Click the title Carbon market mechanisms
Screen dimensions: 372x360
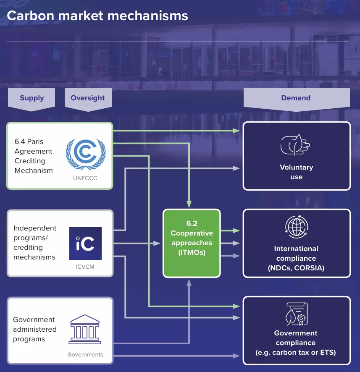click(x=97, y=16)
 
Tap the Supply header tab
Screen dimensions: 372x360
click(x=32, y=98)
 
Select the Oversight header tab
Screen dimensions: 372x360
click(x=88, y=98)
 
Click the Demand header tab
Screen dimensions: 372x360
click(x=296, y=98)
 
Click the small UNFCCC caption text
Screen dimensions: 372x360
click(x=85, y=178)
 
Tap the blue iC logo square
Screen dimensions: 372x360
click(x=85, y=244)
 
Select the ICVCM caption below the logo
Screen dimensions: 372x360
click(x=85, y=266)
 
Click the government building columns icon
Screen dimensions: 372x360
click(x=85, y=327)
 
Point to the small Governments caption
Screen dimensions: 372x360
click(x=85, y=354)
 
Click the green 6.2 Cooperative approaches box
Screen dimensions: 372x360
click(x=192, y=243)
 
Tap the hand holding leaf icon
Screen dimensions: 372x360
click(x=295, y=145)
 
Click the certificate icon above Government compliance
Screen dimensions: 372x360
click(x=296, y=314)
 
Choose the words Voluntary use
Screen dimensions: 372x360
click(x=296, y=172)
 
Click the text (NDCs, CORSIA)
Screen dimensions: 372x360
click(x=296, y=268)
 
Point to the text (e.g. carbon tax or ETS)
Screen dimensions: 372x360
click(x=296, y=352)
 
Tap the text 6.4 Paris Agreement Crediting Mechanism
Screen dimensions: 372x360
click(x=34, y=156)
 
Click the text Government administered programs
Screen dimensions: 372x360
click(x=34, y=329)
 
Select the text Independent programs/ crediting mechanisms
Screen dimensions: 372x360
click(x=35, y=242)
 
